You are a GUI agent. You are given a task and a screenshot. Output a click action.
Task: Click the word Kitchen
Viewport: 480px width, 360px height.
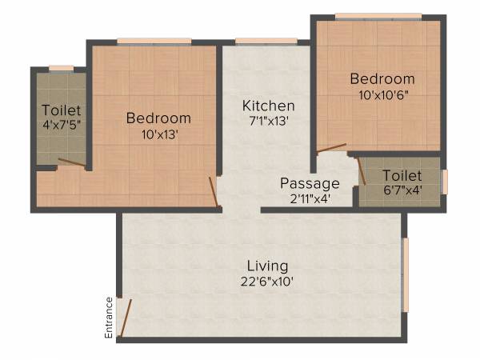[269, 106]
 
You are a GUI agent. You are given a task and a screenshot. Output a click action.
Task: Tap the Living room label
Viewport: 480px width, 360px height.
[267, 266]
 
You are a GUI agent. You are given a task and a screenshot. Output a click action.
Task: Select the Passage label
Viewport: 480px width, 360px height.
[310, 183]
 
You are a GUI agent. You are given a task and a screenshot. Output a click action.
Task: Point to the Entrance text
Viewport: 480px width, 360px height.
[110, 317]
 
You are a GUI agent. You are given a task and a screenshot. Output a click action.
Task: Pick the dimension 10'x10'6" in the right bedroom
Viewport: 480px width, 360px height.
[382, 94]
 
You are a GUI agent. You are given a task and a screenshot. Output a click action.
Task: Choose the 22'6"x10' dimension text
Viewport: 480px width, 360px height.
[267, 282]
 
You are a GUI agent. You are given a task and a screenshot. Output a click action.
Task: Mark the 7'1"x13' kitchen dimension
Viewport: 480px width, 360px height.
[269, 122]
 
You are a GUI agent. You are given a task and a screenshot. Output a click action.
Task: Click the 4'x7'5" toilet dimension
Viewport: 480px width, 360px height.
[61, 125]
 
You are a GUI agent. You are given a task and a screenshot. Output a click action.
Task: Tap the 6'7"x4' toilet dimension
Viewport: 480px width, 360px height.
[402, 190]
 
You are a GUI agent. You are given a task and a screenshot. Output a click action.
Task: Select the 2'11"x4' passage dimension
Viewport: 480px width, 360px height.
[309, 199]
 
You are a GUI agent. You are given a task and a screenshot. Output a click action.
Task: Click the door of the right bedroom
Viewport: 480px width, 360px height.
[331, 148]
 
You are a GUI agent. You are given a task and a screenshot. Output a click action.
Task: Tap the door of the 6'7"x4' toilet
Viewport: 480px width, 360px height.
[361, 172]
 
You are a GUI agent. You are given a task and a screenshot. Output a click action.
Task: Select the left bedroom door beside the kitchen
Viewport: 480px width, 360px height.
[213, 191]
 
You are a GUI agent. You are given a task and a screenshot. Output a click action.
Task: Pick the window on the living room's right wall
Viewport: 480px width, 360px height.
[406, 274]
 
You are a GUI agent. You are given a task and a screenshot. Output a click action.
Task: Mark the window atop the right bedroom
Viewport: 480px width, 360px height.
[378, 15]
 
